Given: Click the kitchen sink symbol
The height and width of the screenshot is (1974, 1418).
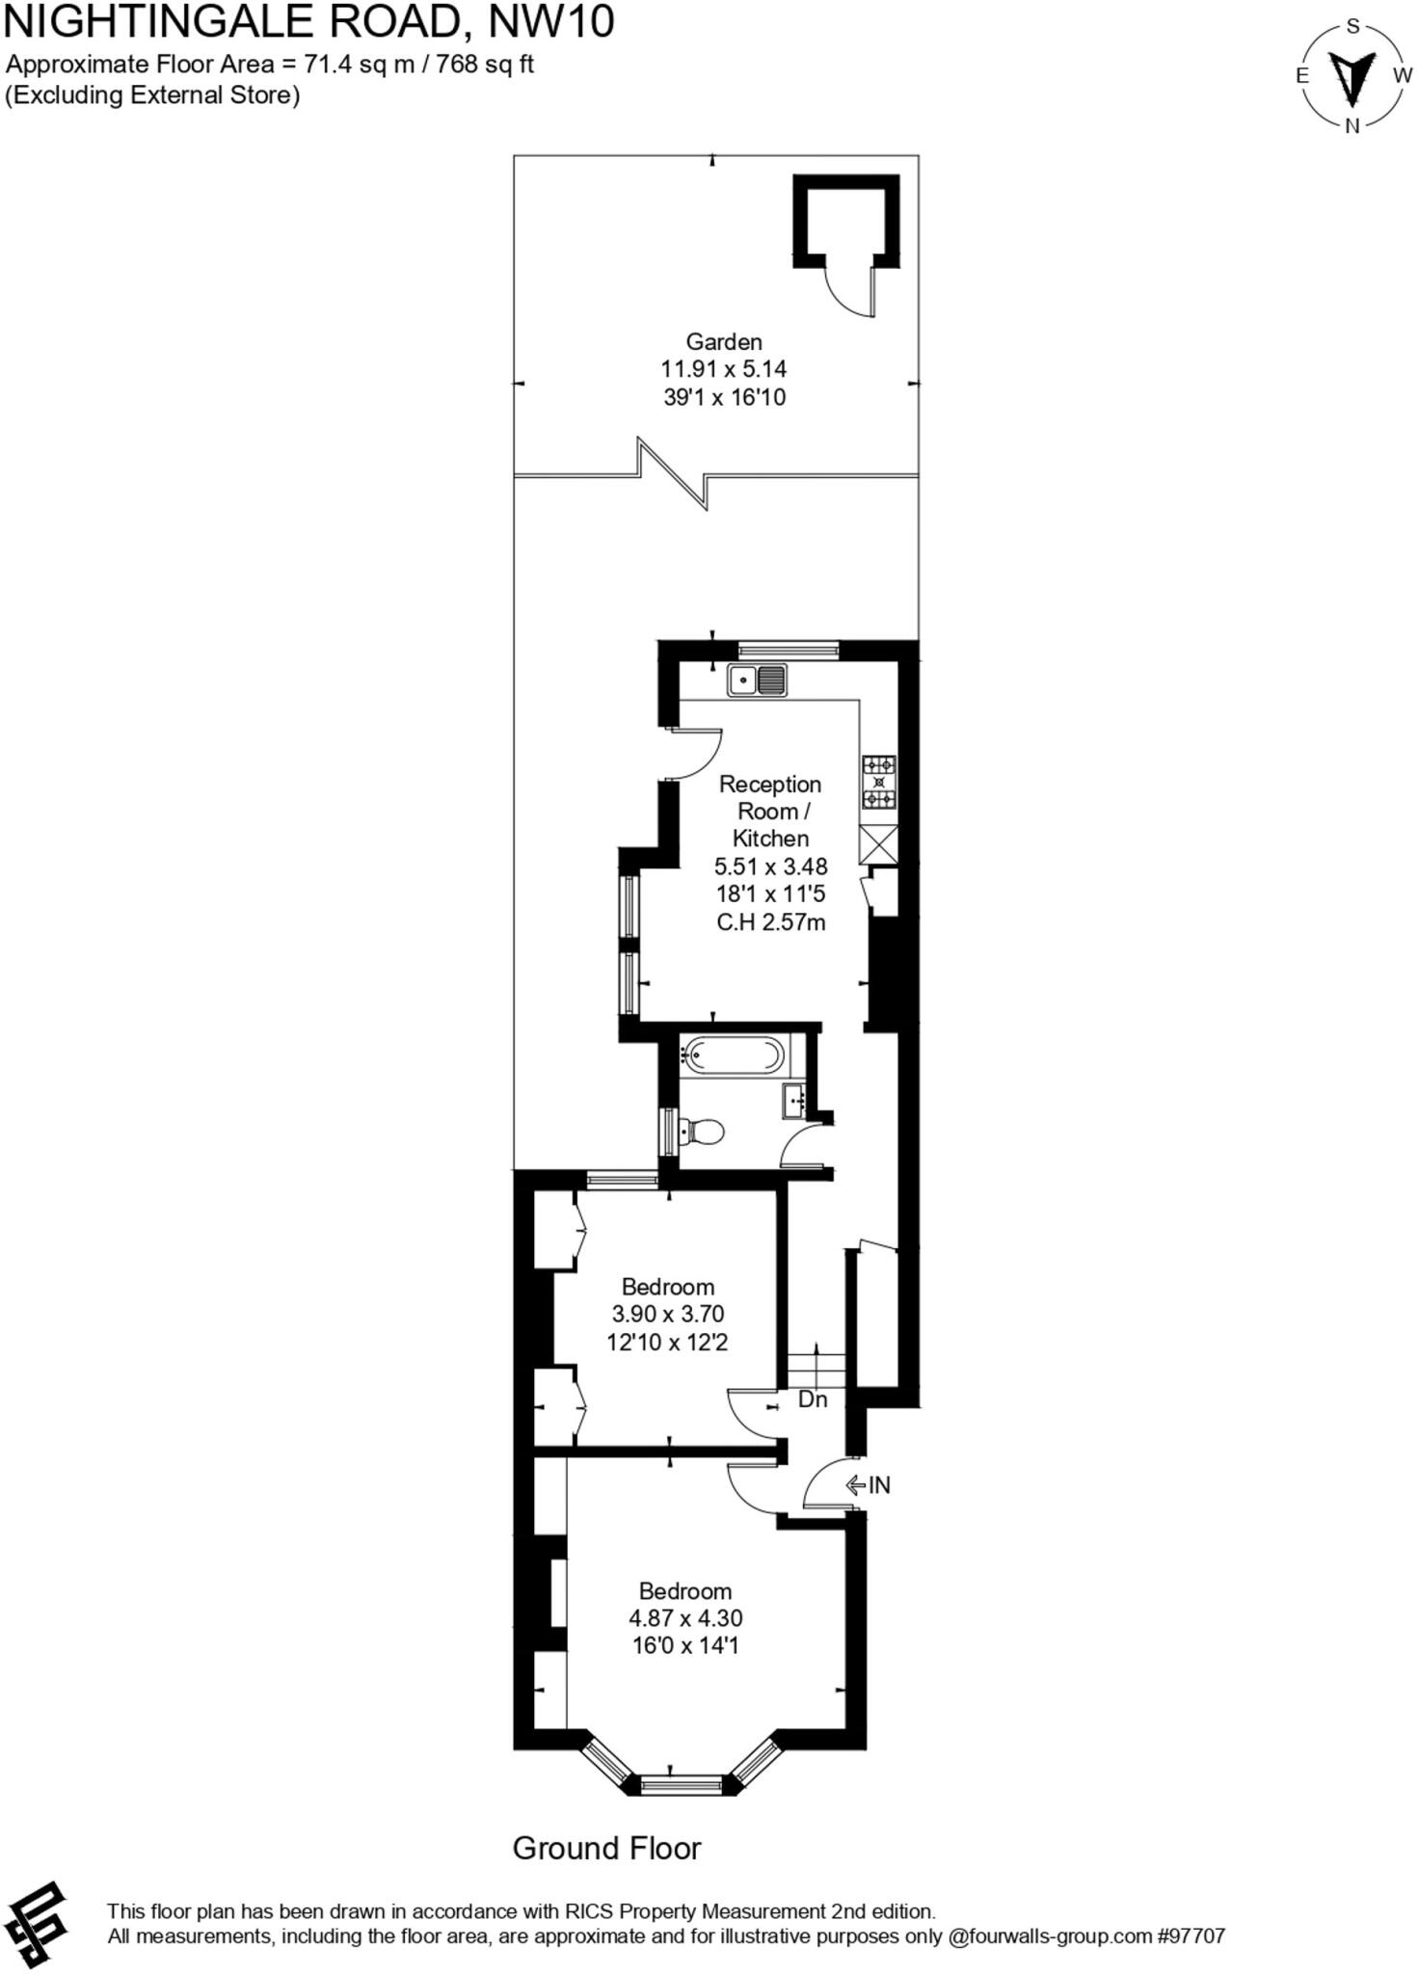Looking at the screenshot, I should tap(757, 680).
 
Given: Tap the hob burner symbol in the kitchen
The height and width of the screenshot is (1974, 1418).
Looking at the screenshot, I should tap(878, 782).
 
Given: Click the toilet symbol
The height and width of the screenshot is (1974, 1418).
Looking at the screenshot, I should tap(703, 1131).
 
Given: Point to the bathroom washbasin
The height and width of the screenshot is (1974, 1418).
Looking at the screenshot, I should tap(794, 1100).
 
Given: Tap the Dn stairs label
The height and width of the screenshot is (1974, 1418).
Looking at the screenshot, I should tap(813, 1400).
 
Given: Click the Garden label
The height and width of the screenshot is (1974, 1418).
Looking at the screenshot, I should tap(724, 341).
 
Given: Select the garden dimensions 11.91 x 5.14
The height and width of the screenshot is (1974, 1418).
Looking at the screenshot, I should tap(724, 368).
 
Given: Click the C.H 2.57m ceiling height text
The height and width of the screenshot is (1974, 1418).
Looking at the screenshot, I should tap(770, 922).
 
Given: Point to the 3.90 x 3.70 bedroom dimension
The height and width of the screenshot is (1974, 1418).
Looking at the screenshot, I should tap(667, 1314).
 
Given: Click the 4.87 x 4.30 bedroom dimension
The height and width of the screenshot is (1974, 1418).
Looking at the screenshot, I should tap(685, 1618).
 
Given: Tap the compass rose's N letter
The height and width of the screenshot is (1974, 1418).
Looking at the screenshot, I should tap(1351, 125).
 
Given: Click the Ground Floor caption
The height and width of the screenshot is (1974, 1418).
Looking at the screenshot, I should tap(606, 1848).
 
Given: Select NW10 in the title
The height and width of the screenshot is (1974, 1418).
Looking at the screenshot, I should tap(551, 21).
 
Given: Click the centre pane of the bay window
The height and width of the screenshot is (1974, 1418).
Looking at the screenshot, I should tap(682, 1785).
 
